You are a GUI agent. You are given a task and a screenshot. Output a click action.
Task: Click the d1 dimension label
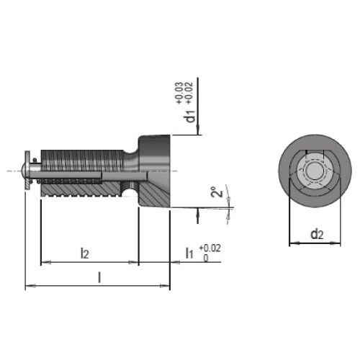[x=191, y=116]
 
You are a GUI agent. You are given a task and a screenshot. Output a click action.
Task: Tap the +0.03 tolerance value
[x=179, y=93]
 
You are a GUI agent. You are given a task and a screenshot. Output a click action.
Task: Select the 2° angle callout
[x=217, y=192]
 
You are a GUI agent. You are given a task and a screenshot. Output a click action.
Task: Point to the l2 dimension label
[x=85, y=253]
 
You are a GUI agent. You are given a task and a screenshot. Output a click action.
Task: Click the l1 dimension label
[x=189, y=253]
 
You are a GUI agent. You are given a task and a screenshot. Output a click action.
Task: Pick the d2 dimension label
[x=317, y=234]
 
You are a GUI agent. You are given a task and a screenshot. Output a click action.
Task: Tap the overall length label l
[x=99, y=277]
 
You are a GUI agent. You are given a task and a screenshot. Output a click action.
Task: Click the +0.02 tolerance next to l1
[x=210, y=248]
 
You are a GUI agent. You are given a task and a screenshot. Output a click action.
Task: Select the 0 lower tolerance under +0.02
[x=206, y=258]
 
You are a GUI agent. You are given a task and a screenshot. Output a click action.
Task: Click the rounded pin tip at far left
[x=23, y=170]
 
